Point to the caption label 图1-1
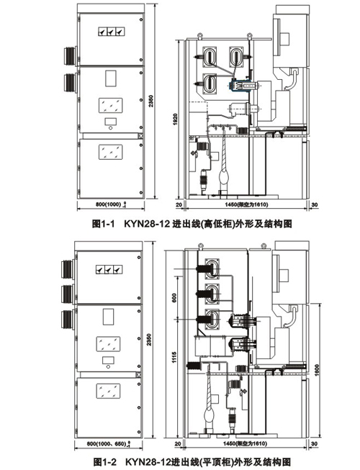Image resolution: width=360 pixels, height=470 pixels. (104, 224)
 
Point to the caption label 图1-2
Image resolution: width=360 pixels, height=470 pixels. (104, 459)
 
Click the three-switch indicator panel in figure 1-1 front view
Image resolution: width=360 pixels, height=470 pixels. (111, 32)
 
